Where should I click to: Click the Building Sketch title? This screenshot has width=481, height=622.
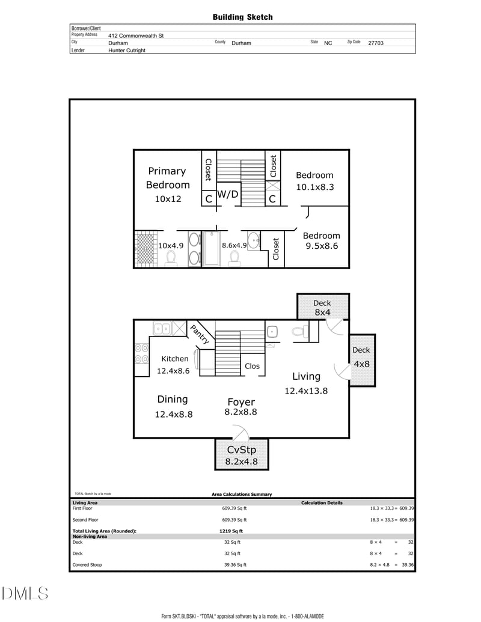(242, 17)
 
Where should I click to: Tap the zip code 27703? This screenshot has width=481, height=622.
(376, 43)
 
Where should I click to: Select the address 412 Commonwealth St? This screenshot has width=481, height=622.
(136, 35)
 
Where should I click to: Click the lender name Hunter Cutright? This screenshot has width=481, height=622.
(127, 50)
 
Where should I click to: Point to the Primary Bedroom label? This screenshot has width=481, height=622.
(168, 178)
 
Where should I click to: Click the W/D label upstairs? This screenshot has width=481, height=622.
(228, 194)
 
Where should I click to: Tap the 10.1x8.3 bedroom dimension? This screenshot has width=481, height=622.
(315, 187)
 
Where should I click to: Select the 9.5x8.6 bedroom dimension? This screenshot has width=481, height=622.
(322, 246)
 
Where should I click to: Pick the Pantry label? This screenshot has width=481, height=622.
(200, 334)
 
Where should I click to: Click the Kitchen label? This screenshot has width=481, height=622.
(174, 359)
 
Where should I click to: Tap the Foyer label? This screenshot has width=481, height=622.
(241, 402)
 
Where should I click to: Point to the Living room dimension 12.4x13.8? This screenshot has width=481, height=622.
(306, 391)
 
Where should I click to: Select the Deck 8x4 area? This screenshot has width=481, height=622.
(323, 306)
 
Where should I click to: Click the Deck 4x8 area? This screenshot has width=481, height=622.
(362, 360)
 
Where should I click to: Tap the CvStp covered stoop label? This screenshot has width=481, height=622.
(241, 450)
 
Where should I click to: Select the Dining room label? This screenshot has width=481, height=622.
(172, 400)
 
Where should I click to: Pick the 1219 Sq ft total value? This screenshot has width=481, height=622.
(231, 531)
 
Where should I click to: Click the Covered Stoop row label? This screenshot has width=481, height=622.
(87, 565)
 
